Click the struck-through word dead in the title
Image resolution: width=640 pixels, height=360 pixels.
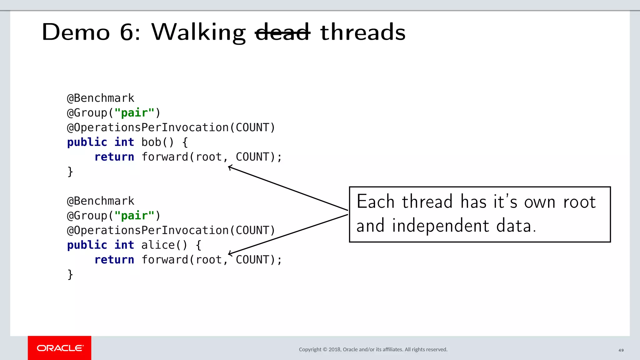tap(282, 32)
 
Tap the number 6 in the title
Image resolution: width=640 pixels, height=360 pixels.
tap(127, 32)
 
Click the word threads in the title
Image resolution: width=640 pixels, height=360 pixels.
tap(363, 32)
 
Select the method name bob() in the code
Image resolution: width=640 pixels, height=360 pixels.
tap(157, 142)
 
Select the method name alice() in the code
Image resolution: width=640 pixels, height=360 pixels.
tap(164, 245)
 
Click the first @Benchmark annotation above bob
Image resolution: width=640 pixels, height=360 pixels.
tap(101, 98)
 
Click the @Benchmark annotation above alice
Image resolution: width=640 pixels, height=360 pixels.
tap(101, 201)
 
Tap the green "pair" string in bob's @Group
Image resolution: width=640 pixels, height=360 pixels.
tap(134, 113)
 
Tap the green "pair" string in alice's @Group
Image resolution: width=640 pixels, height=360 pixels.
tap(134, 216)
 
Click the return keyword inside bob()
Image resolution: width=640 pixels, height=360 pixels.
tap(114, 157)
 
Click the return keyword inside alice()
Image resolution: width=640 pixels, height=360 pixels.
tap(114, 260)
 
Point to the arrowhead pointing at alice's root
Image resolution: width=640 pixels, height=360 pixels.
tap(230, 253)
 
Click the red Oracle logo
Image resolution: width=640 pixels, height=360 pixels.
tap(60, 348)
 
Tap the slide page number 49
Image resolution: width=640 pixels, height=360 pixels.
tap(621, 350)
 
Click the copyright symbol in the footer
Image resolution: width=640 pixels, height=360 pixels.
tap(325, 349)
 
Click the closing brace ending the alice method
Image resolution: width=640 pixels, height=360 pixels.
tap(70, 274)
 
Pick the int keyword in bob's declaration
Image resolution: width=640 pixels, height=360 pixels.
tap(124, 142)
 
